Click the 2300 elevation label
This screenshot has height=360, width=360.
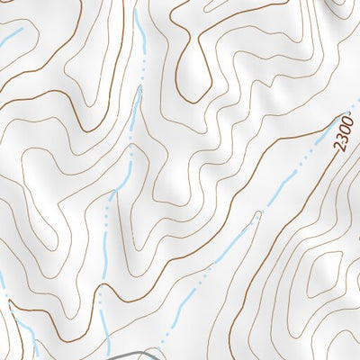344,132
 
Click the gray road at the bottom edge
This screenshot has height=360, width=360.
135,355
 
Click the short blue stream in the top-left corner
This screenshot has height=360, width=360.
11,38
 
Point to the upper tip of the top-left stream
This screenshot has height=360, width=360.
21,29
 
